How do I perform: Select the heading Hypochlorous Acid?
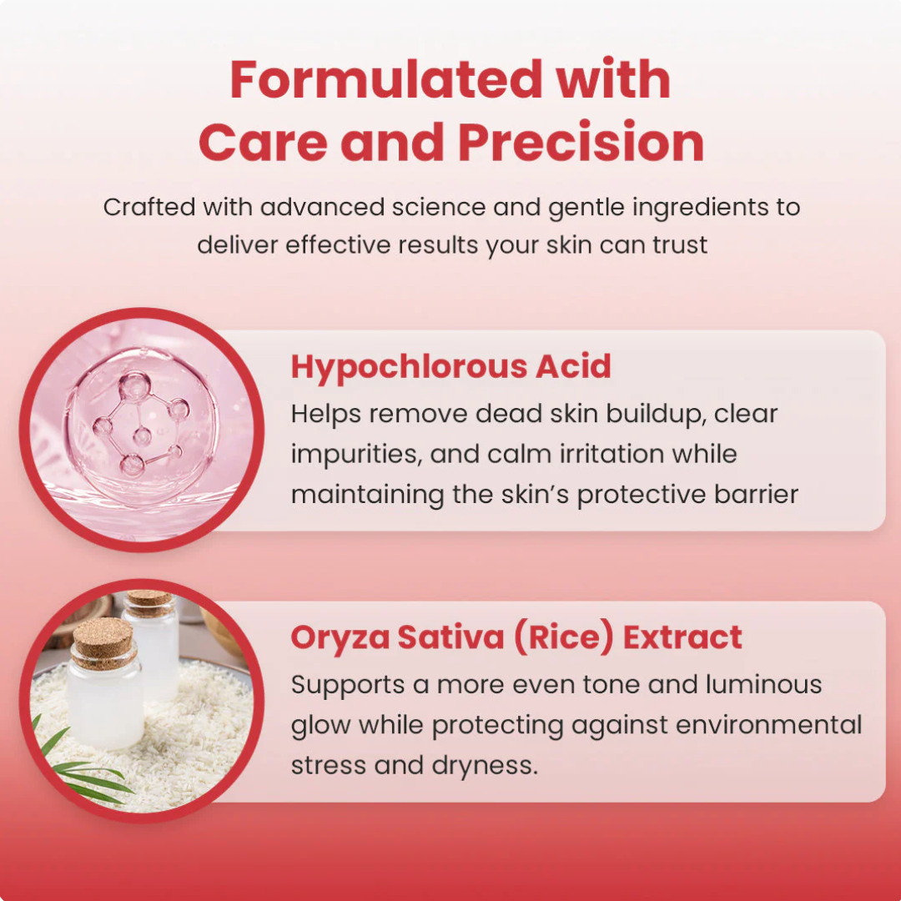coord(450,367)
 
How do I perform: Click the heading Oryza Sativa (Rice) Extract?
coord(516,638)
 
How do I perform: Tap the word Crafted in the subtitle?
coord(148,207)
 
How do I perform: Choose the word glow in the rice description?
coord(320,725)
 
